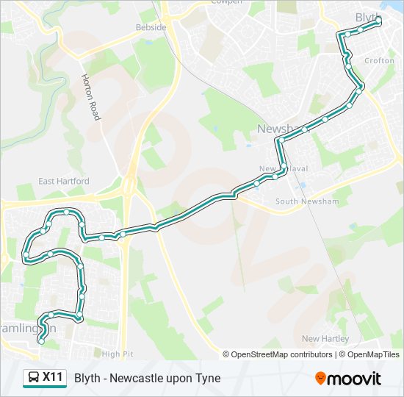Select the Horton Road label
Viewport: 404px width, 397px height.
point(90,96)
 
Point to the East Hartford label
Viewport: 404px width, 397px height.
point(64,181)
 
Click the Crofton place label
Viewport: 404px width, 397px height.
point(379,61)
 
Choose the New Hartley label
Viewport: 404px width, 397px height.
point(325,339)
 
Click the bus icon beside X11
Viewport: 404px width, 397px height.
point(34,378)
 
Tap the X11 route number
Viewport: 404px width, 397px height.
point(53,378)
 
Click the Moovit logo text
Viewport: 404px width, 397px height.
point(355,379)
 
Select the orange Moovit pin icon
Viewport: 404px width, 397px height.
point(320,379)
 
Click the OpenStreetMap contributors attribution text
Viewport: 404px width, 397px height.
point(281,354)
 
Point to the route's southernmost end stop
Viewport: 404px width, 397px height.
point(41,341)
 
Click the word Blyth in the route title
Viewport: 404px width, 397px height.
point(87,379)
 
